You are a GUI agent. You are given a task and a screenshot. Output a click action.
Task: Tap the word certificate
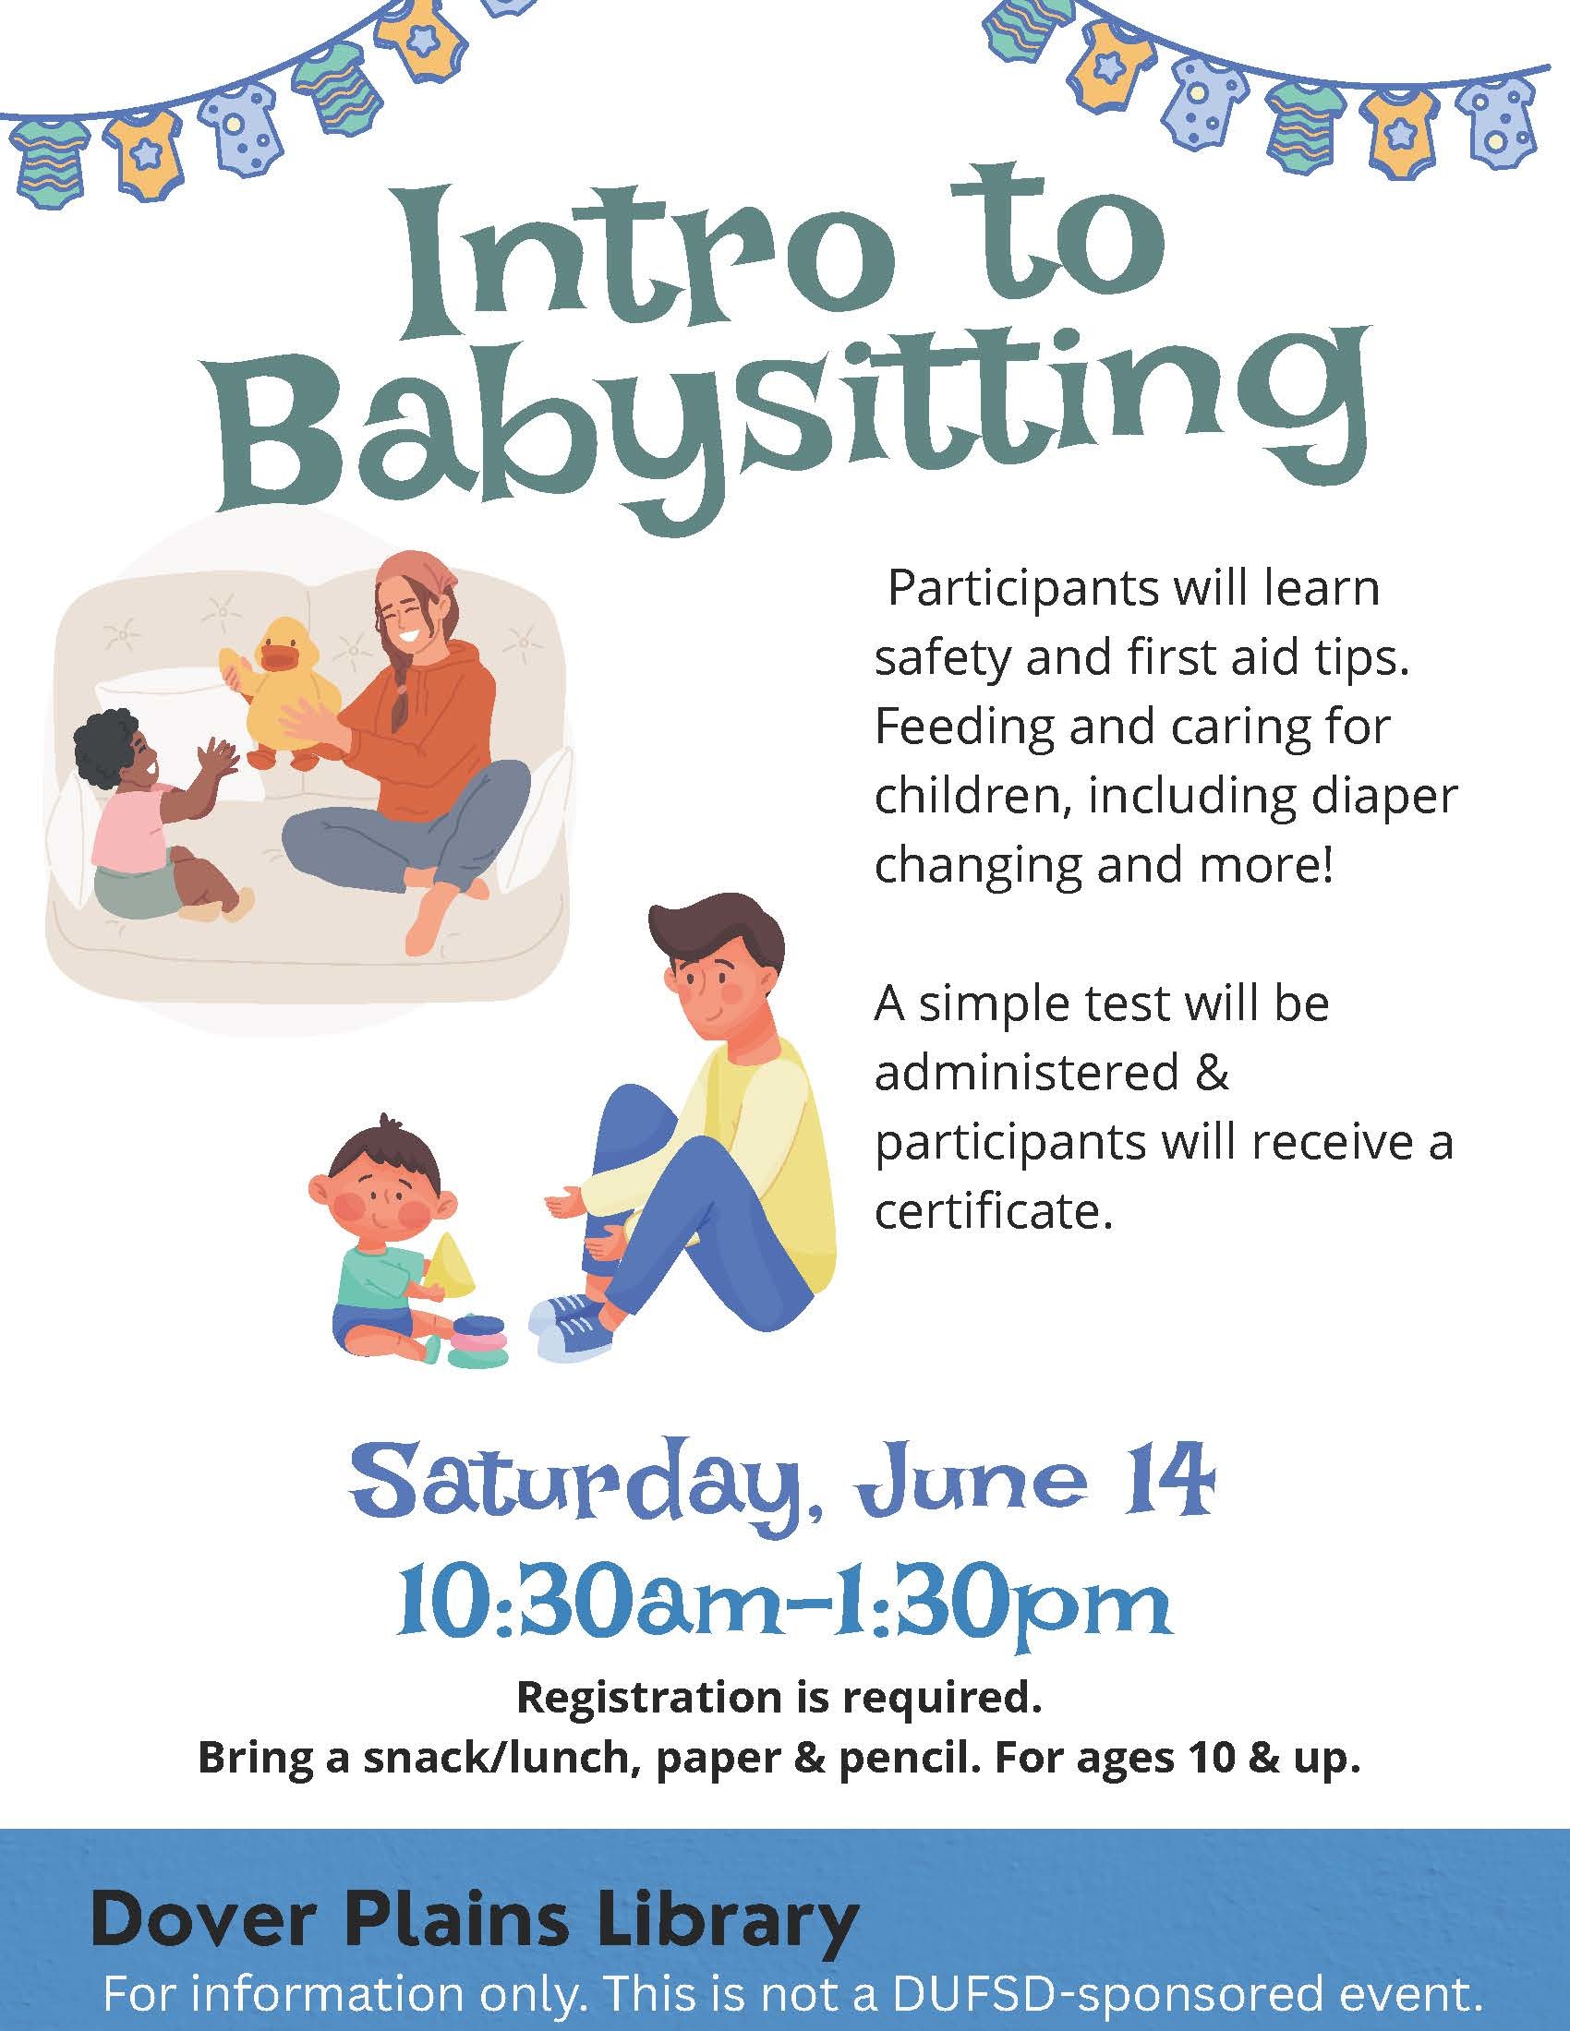coord(994,1212)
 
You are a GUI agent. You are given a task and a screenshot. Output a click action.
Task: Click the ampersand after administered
coord(1214,1073)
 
